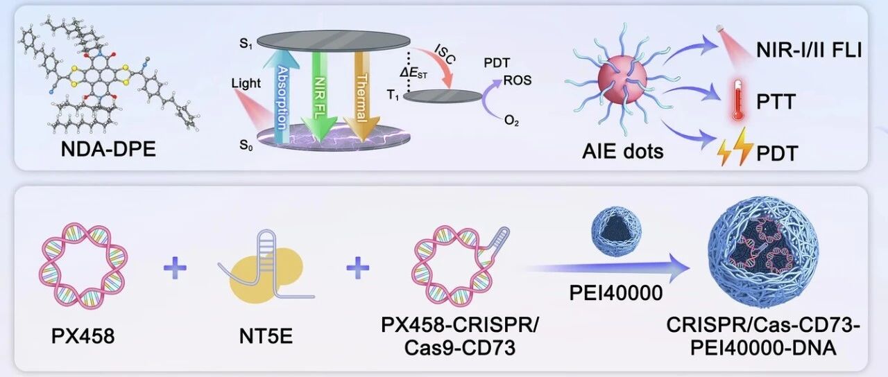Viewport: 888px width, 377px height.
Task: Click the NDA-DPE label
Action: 108,150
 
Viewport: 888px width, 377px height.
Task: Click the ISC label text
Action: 445,54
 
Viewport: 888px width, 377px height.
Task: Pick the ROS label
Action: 518,80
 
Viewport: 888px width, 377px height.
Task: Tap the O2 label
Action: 511,120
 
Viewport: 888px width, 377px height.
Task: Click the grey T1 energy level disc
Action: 443,96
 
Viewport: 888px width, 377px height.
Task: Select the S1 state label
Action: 246,44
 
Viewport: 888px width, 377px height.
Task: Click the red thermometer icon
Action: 737,100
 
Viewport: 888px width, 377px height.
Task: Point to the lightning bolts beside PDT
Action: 735,146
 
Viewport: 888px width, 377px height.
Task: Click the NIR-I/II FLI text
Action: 809,51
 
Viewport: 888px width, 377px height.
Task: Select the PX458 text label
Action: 83,336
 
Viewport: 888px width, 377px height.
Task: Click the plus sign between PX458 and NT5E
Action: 175,268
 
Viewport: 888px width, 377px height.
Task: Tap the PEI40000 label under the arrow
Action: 616,293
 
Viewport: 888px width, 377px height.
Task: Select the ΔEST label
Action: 413,73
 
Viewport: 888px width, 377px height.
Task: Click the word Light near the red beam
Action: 246,83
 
